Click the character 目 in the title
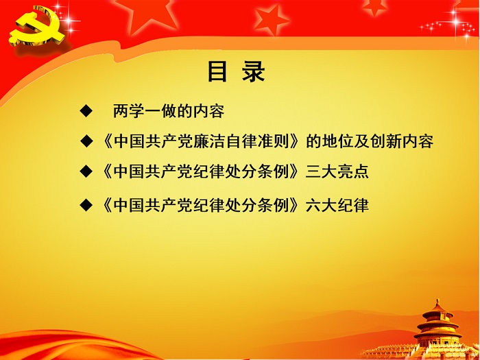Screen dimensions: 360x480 click(217, 71)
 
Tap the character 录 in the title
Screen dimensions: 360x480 click(254, 71)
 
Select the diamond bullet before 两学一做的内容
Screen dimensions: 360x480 click(86, 110)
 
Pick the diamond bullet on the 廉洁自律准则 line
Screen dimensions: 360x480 click(86, 142)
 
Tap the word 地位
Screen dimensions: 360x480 click(342, 142)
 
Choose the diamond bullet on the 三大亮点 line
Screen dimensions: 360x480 click(86, 171)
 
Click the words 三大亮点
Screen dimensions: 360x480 click(338, 171)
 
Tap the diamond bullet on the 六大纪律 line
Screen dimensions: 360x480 click(86, 204)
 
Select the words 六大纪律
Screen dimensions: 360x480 click(338, 204)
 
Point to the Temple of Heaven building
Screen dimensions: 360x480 click(436, 326)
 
